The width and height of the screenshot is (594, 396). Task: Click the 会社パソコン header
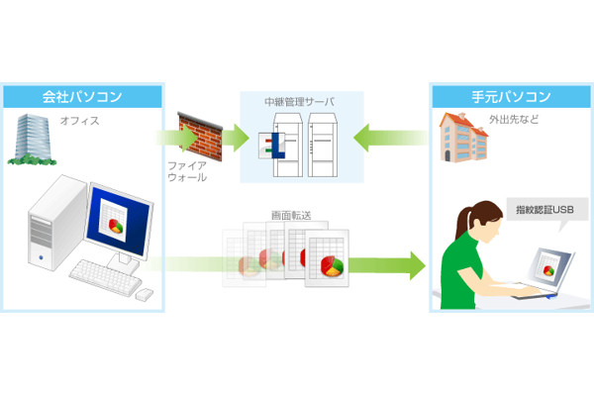click(x=83, y=97)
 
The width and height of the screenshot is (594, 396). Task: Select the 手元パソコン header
click(x=510, y=97)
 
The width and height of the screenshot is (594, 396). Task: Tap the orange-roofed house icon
click(x=457, y=138)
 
